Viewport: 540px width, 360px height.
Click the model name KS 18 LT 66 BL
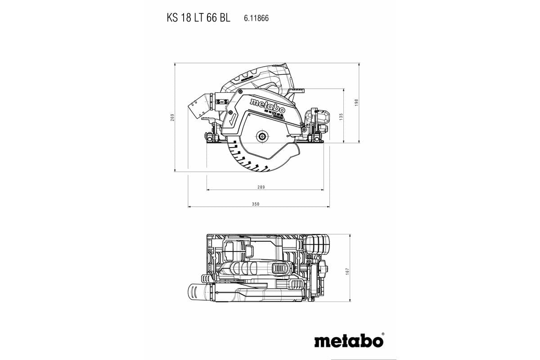pyautogui.click(x=198, y=18)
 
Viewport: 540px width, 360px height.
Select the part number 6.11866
pyautogui.click(x=256, y=18)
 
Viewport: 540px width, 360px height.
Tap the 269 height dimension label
pyautogui.click(x=172, y=117)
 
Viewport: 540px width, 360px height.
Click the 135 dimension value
pyautogui.click(x=341, y=116)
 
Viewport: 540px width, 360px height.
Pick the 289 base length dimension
pyautogui.click(x=261, y=187)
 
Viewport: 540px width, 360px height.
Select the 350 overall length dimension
pyautogui.click(x=256, y=204)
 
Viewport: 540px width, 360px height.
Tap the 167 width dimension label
pyautogui.click(x=347, y=272)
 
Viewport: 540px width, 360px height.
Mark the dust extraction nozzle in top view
pyautogui.click(x=198, y=292)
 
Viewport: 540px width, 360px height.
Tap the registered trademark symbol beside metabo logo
pyautogui.click(x=383, y=334)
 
